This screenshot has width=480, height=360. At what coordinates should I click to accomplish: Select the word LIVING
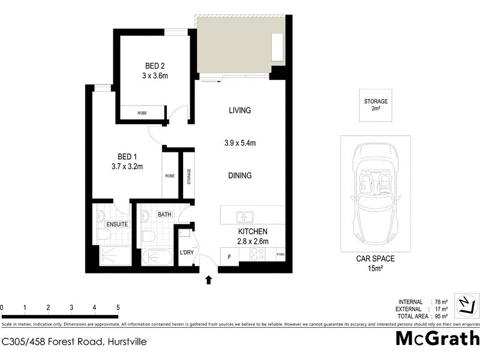tap(239, 110)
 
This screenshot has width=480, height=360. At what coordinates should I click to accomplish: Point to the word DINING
tap(239, 176)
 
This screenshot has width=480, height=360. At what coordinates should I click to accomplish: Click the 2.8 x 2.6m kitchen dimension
tap(252, 241)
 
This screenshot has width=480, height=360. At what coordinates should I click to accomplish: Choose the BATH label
tap(164, 214)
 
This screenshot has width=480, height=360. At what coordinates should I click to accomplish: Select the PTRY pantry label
tap(280, 255)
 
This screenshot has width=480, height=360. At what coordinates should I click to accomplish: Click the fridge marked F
tap(229, 256)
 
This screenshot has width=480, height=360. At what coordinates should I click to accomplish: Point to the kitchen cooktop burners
tap(257, 256)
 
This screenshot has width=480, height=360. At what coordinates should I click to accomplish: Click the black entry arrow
tap(209, 279)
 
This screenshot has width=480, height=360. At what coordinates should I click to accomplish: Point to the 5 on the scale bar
tap(118, 308)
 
